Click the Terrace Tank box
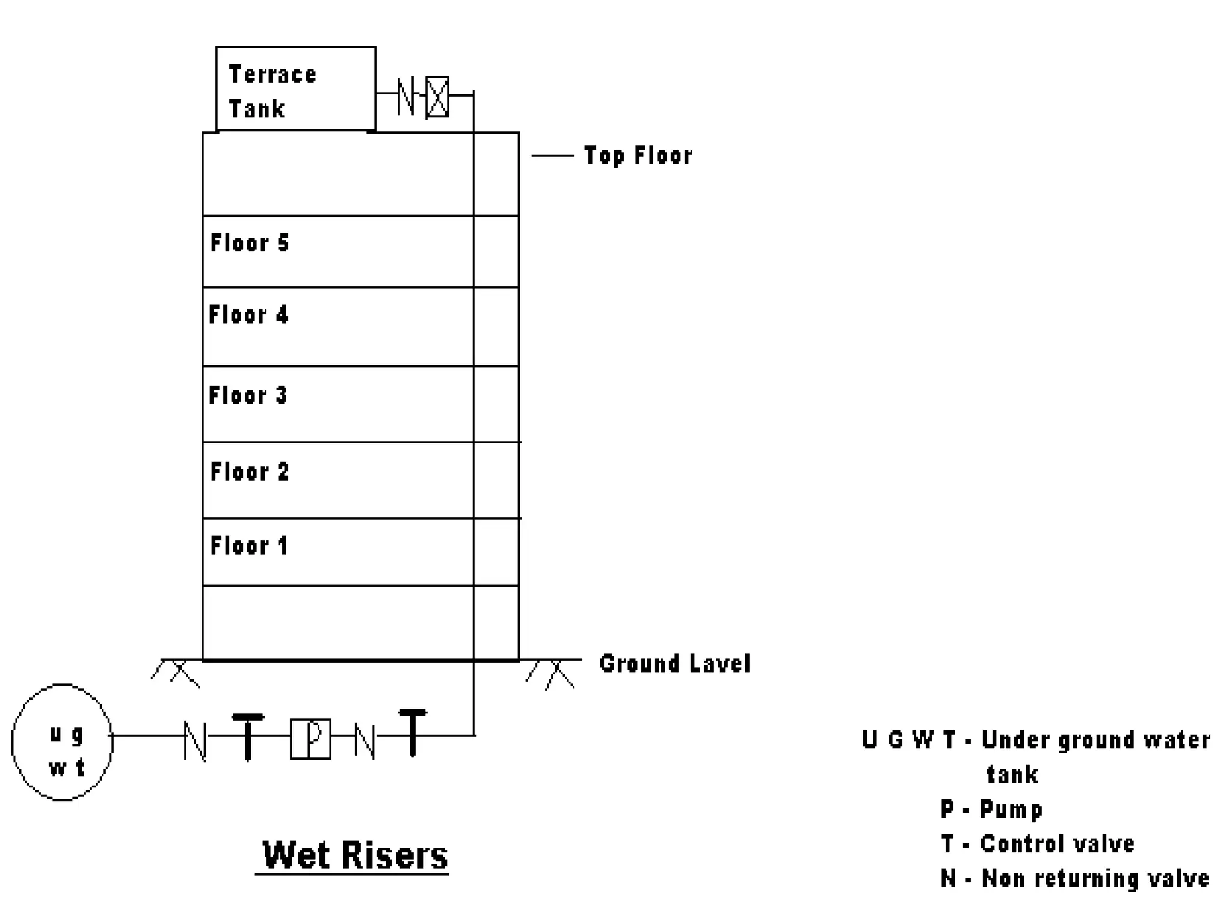pos(295,89)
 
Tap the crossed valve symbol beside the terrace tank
pos(437,96)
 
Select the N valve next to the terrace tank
pos(407,96)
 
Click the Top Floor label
pos(638,156)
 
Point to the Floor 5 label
pos(250,243)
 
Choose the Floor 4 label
pos(248,315)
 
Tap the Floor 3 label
pos(248,395)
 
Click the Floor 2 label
pos(250,472)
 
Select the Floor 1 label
pos(249,546)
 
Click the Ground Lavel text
pos(674,664)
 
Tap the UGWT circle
pos(63,742)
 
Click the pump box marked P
pos(310,739)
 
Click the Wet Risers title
pos(355,855)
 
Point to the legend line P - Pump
pos(991,809)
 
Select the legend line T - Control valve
pos(1038,844)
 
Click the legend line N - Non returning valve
pos(1075,879)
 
